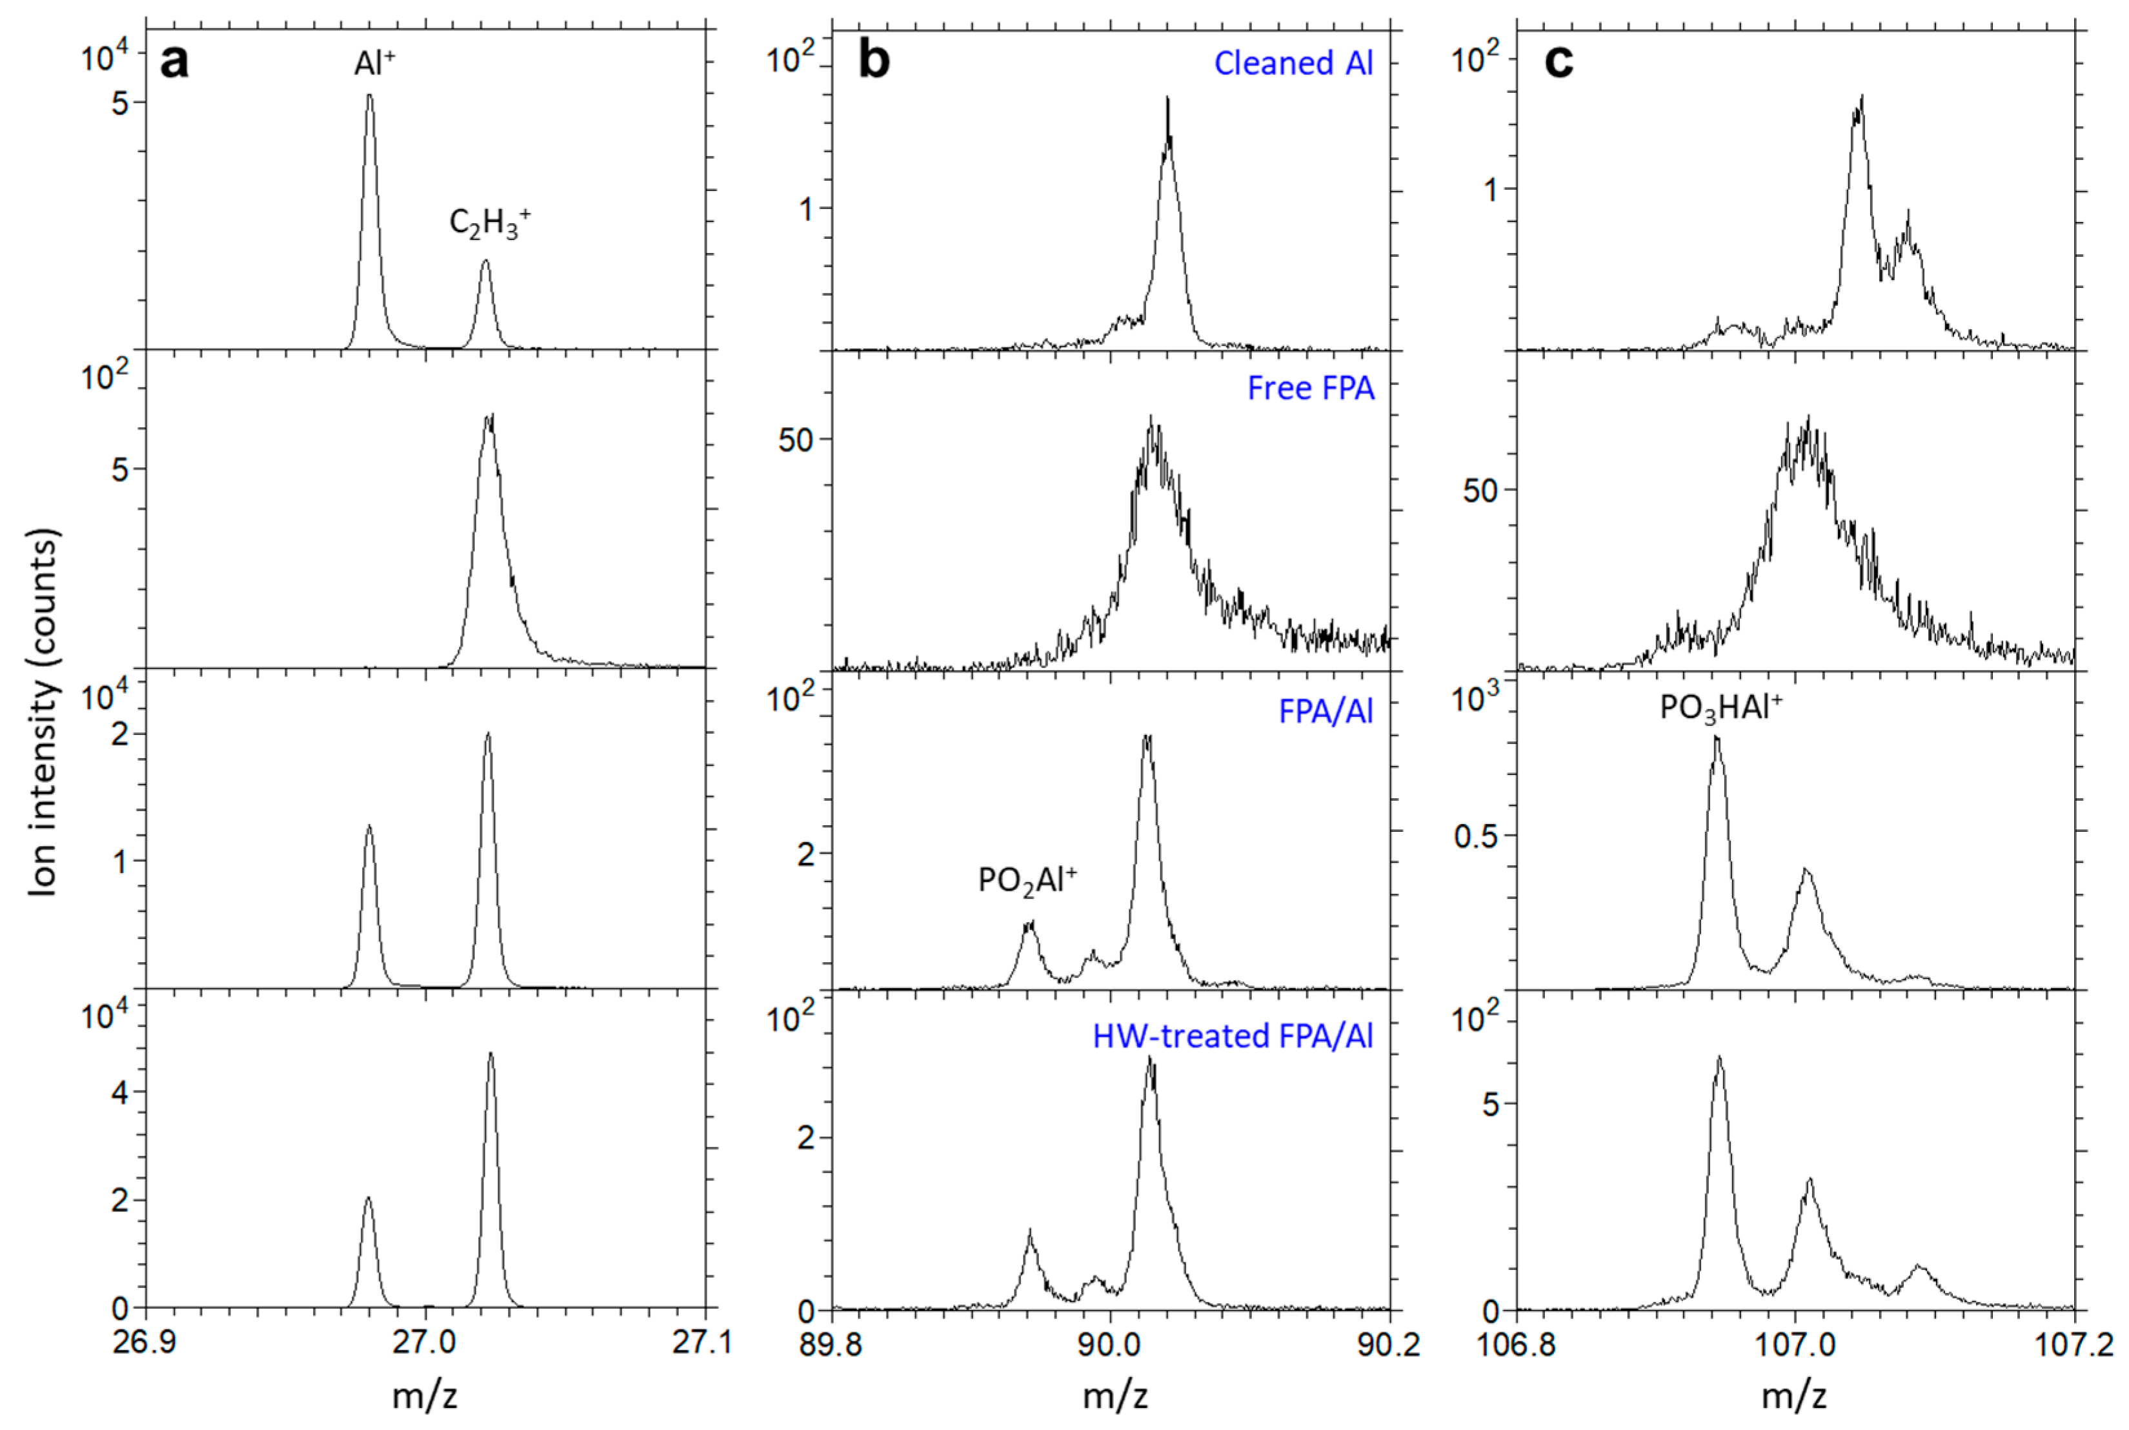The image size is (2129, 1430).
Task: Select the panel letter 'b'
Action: (x=874, y=61)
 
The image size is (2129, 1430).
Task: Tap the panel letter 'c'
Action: (x=1559, y=62)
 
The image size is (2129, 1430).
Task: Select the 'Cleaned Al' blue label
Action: (x=1293, y=63)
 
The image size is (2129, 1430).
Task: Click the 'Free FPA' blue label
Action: (x=1310, y=388)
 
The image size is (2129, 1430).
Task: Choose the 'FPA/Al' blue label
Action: (x=1325, y=710)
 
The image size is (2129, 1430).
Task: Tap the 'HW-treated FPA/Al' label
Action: (x=1232, y=1035)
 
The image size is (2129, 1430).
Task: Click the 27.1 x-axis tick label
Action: (x=702, y=1345)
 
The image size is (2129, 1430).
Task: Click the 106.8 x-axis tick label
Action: (x=1515, y=1345)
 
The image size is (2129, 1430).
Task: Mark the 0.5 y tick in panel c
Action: (x=1475, y=836)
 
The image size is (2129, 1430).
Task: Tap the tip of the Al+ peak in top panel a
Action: (x=369, y=95)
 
